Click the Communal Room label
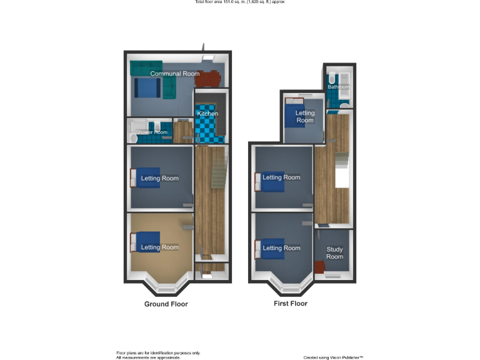point(174,74)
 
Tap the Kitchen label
point(207,114)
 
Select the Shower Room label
point(152,132)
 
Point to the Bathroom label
point(339,87)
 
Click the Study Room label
point(334,253)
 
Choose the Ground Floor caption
point(166,304)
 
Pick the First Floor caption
point(291,304)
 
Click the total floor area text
point(240,2)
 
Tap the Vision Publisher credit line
point(333,357)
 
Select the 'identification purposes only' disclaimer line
point(158,352)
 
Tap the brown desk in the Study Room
point(320,267)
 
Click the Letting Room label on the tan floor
point(159,247)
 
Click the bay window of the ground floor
point(166,287)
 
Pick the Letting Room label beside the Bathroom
point(305,116)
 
